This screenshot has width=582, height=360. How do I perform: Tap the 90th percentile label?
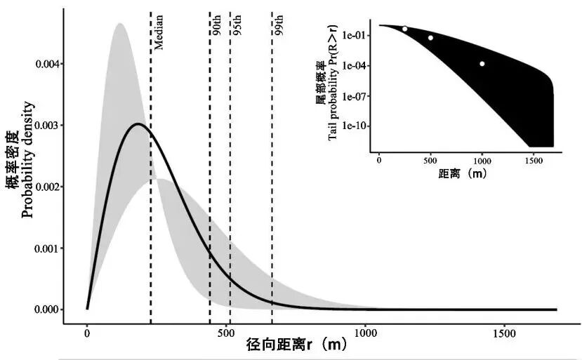point(218,27)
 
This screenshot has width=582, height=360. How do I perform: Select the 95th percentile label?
point(238,27)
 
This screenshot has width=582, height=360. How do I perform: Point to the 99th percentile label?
point(279,27)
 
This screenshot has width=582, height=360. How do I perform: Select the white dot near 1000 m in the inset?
point(482,64)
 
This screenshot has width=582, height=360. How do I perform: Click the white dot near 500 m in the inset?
point(430,38)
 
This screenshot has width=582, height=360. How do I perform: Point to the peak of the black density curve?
point(138,124)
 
